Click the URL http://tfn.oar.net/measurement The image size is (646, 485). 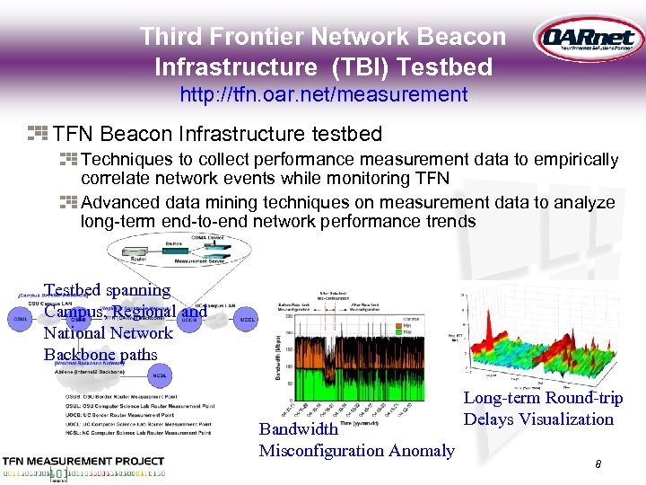coord(323,94)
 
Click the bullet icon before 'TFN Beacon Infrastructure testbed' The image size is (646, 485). coord(37,135)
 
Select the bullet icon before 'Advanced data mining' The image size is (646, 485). coord(69,202)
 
